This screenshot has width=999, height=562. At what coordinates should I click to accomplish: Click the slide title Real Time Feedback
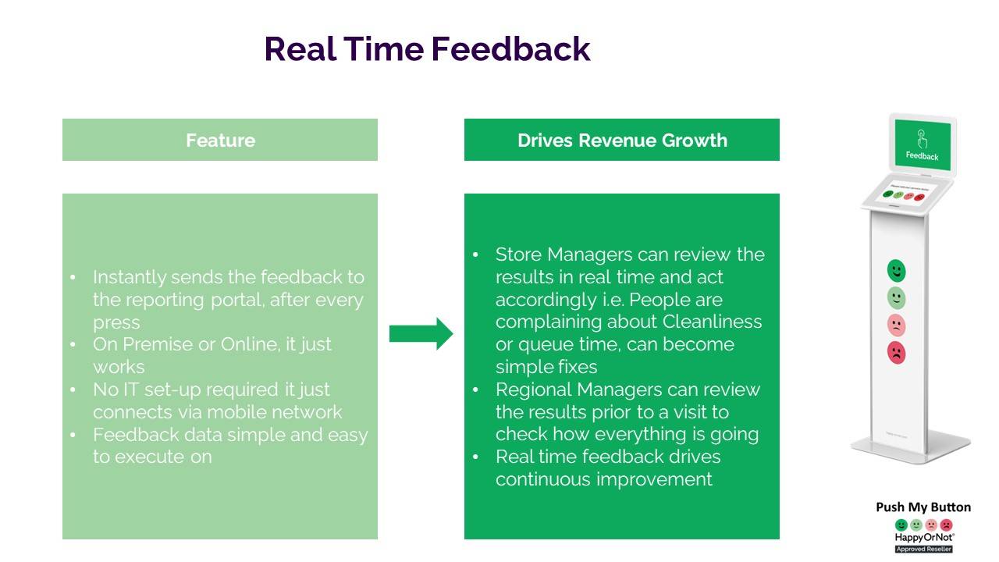[x=427, y=48]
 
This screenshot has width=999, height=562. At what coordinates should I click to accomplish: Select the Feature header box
[x=220, y=140]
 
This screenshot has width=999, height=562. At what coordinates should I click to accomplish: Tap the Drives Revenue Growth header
[x=622, y=140]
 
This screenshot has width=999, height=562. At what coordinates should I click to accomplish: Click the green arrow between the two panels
[x=421, y=334]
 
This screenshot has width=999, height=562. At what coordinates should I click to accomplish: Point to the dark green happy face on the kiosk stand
[x=897, y=271]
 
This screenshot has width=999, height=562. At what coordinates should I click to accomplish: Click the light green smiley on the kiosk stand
[x=897, y=298]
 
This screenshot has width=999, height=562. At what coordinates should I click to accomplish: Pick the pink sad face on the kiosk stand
[x=897, y=325]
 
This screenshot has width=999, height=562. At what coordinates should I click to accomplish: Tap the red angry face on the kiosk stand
[x=897, y=353]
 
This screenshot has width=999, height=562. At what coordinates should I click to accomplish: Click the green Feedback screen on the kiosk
[x=923, y=144]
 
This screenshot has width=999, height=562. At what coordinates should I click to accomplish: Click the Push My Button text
[x=923, y=507]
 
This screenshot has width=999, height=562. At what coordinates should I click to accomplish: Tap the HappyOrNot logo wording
[x=923, y=538]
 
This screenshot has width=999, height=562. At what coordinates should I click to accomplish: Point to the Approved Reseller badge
[x=923, y=549]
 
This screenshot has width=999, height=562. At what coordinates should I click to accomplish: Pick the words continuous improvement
[x=603, y=479]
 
